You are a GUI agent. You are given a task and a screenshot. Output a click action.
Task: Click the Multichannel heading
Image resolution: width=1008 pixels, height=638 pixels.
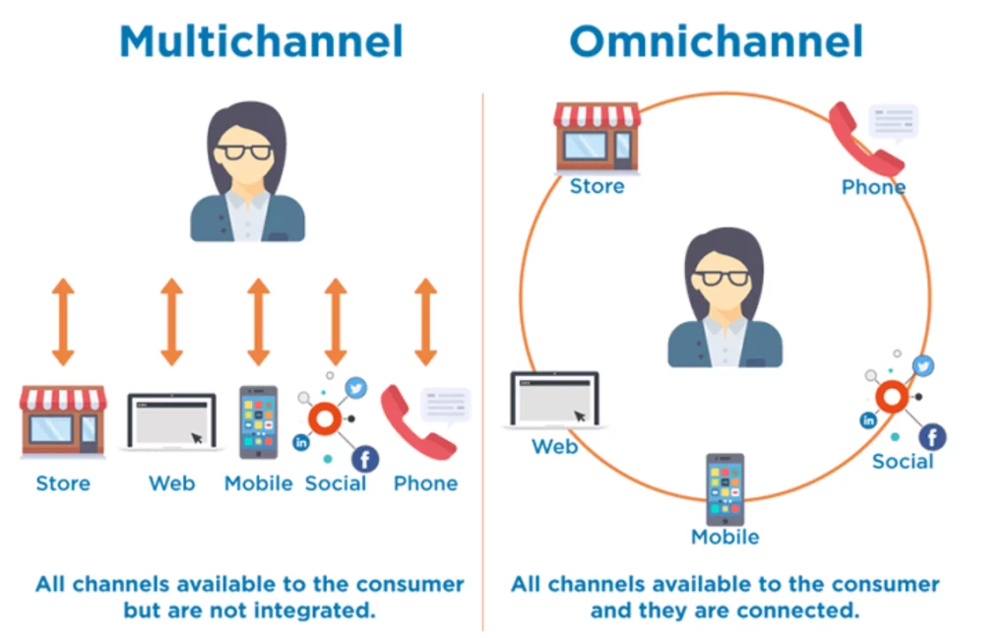coord(261,41)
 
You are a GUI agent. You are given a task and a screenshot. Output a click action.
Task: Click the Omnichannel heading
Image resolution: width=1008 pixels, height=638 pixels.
coord(716,41)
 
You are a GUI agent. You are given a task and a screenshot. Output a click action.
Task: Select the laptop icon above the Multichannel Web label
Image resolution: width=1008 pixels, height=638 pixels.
coord(172,421)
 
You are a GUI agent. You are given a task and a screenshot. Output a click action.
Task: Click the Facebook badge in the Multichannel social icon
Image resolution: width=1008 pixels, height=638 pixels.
coord(364,458)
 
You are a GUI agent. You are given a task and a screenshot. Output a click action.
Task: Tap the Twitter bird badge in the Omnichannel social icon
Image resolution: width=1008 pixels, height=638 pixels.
coord(922,366)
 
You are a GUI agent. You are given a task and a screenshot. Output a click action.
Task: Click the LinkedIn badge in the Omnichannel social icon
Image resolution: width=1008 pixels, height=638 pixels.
coord(868,420)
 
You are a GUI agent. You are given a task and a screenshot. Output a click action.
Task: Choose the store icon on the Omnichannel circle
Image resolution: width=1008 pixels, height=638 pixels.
coord(597,136)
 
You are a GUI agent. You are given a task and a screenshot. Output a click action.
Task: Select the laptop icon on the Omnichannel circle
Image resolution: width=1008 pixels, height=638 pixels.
coord(555,399)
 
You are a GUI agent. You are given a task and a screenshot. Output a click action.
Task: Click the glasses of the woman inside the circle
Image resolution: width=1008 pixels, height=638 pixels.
coord(724,277)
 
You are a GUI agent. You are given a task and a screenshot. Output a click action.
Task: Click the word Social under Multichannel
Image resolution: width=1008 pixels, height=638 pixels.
coord(336,483)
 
